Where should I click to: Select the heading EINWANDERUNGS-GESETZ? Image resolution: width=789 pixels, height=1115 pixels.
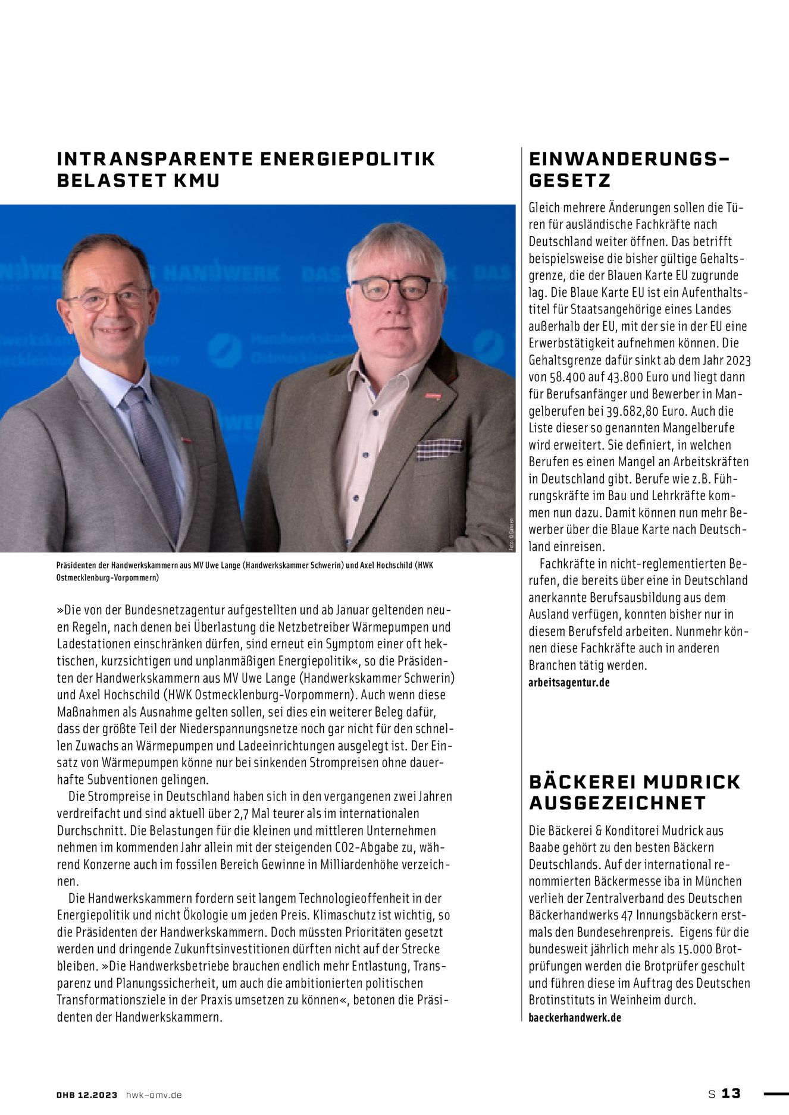point(628,169)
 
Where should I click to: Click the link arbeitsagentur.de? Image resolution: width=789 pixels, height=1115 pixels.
point(569,683)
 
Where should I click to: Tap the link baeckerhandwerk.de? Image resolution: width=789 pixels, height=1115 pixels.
point(574,1017)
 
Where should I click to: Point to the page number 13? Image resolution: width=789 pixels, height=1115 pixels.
point(731,1094)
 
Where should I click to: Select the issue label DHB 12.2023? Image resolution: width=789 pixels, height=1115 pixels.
point(87,1094)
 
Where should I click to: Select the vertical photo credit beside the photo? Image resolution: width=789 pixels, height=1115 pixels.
point(510,536)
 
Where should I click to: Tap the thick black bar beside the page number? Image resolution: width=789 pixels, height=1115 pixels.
point(775,1093)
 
